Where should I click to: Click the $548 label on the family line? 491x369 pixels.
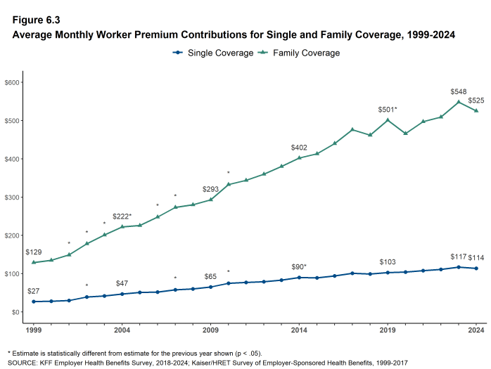459,92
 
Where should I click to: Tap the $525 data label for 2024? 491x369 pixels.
476,101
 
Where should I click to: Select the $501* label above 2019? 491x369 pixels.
388,110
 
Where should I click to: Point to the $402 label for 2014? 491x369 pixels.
300,148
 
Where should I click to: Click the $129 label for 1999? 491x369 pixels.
34,252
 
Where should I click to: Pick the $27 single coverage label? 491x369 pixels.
34,292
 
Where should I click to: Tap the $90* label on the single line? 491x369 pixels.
300,267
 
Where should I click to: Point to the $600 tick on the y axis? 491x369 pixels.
13,83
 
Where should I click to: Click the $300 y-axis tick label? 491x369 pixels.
13,198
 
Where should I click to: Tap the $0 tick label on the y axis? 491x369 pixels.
16,312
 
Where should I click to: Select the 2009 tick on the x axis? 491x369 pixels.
210,329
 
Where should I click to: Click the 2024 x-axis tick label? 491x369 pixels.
476,329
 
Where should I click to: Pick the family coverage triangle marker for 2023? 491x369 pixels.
458,102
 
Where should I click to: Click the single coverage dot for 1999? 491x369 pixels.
34,302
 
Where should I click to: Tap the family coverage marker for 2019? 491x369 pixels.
388,119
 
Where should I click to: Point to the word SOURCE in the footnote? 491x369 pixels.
23,362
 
